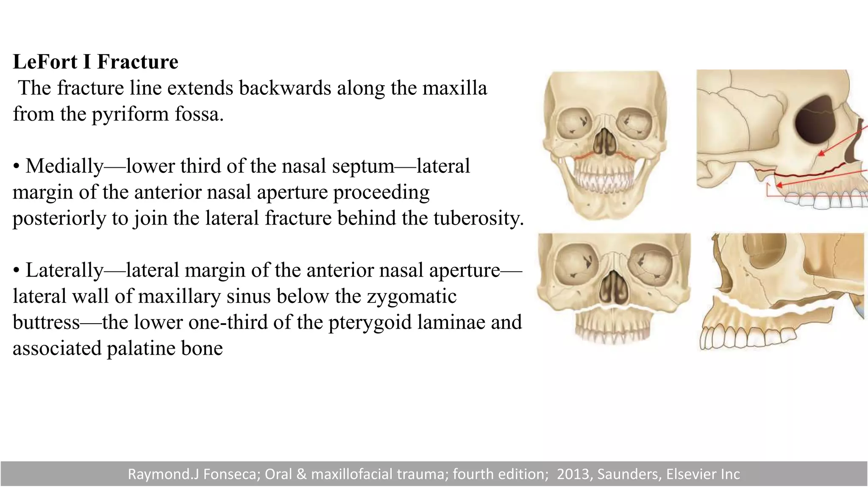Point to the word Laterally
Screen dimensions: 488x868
click(x=64, y=270)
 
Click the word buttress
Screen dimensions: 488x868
click(x=46, y=322)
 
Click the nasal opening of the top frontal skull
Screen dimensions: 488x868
click(x=604, y=143)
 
